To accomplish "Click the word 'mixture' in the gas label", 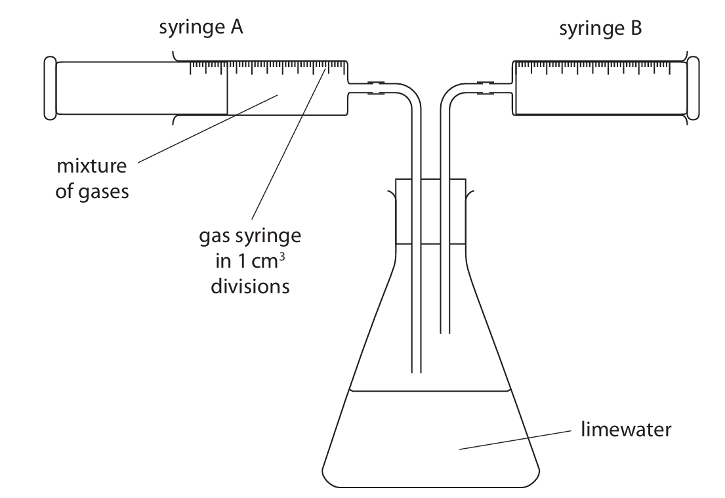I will point(91,166).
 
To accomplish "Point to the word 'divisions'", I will point(250,287).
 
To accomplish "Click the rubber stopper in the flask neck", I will point(430,210).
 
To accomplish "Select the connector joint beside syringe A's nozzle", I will point(376,89).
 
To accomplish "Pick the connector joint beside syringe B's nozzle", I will point(484,89).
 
